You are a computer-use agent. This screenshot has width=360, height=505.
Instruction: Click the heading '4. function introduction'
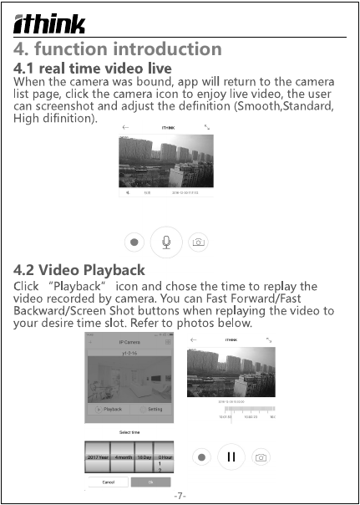[118, 49]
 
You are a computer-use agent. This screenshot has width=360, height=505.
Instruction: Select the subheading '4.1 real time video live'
[93, 67]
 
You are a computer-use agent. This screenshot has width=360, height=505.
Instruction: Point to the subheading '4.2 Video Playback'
[80, 269]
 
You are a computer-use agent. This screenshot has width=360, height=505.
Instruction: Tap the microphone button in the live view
[167, 242]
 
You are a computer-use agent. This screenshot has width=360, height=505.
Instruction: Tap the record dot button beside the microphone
[134, 242]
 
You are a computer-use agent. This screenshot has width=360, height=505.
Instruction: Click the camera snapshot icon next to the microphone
[199, 242]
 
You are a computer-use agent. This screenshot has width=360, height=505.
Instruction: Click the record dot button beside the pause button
[200, 457]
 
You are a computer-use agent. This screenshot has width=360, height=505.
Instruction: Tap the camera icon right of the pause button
[261, 457]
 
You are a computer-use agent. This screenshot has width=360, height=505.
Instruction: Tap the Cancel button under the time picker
[108, 482]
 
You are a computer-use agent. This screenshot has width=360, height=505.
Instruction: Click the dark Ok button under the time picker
[150, 482]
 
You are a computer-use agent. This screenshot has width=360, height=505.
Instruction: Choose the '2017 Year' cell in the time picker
[99, 457]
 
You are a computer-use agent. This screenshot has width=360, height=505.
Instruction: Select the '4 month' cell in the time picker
[123, 457]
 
